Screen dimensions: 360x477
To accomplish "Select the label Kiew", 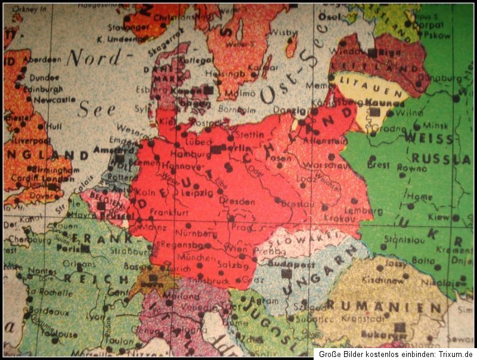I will coord(438,218).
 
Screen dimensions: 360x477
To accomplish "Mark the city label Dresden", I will coord(235,201).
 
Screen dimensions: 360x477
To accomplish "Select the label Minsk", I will coord(434,125).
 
